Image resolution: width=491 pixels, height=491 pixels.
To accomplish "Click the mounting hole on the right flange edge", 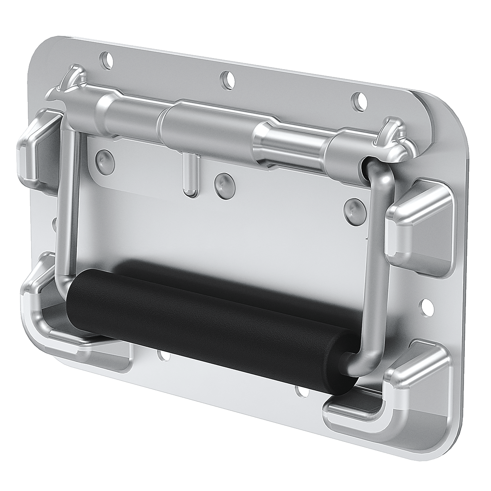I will point(426,304).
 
